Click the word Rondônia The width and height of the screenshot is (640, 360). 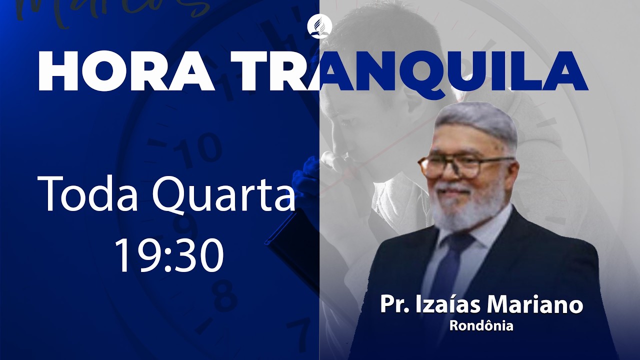pos(481,326)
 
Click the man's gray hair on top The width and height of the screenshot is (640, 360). pos(475,120)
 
